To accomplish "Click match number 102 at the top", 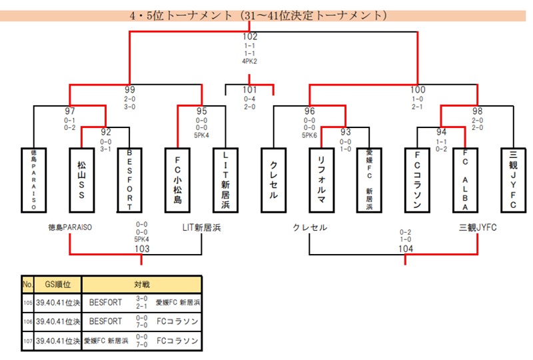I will [x=251, y=37].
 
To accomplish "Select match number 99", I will [x=130, y=89].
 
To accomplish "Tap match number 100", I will [x=418, y=89].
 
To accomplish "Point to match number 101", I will [x=250, y=89].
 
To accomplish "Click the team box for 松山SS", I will [x=82, y=179].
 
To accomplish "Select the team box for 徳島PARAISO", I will [x=34, y=179].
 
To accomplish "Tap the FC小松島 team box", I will [x=177, y=179].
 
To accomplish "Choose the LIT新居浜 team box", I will [x=225, y=179].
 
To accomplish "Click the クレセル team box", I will [x=274, y=179].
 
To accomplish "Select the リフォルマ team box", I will [x=322, y=179].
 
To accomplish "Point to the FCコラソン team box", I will [x=417, y=179].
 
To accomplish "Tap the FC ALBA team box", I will [x=465, y=179].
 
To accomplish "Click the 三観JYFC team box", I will [x=513, y=179].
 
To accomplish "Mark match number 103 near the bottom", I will [x=141, y=249].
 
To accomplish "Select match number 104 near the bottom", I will [x=406, y=249].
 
